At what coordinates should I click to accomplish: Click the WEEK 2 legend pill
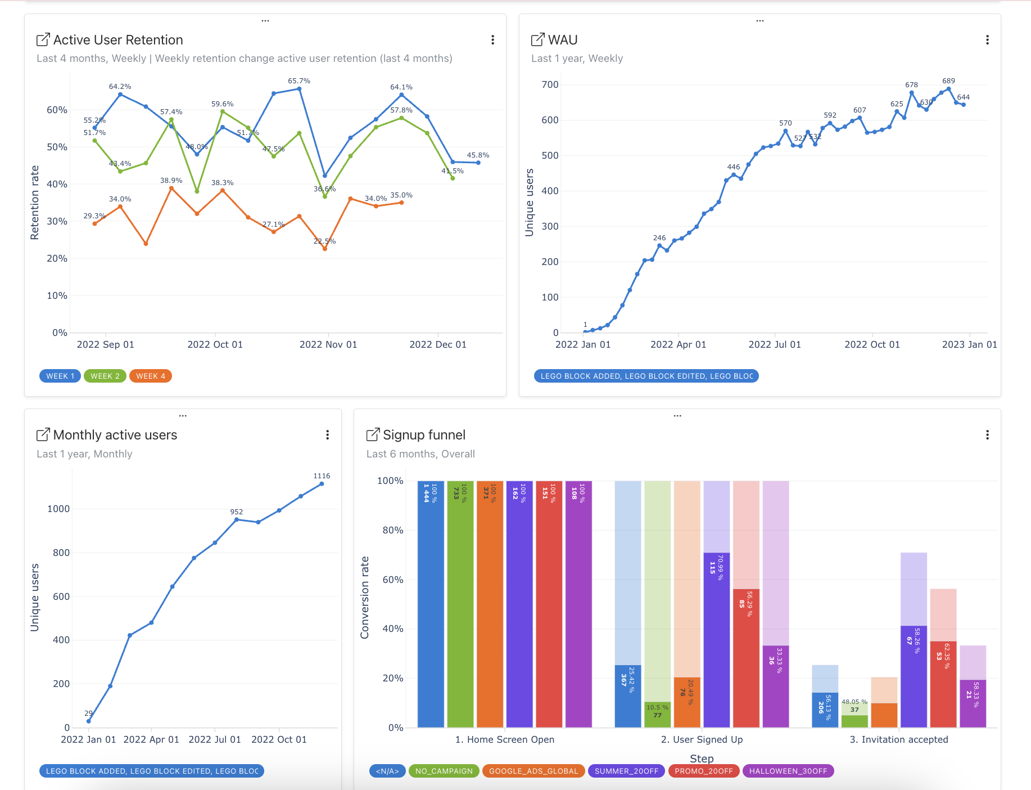[x=105, y=376]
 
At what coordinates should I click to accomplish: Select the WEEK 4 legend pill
[x=150, y=376]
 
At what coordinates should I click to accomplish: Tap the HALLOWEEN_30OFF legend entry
[x=788, y=771]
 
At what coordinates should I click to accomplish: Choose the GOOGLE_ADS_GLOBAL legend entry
[x=533, y=771]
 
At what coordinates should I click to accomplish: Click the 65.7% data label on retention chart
[x=299, y=81]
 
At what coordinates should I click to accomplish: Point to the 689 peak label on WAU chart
[x=948, y=81]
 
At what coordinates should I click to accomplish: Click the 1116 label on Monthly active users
[x=322, y=476]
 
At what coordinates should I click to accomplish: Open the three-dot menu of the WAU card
[x=987, y=40]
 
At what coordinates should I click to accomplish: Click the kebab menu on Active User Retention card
[x=492, y=40]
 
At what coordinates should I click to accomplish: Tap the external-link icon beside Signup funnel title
[x=373, y=435]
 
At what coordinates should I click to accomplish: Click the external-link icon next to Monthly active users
[x=43, y=435]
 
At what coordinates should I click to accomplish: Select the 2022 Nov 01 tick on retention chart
[x=328, y=344]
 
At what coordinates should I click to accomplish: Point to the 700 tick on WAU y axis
[x=550, y=85]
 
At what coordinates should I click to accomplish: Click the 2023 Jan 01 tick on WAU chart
[x=969, y=344]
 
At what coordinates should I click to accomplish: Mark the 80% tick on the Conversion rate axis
[x=393, y=530]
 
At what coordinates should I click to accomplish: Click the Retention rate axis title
[x=35, y=203]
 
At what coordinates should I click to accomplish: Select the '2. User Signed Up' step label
[x=702, y=739]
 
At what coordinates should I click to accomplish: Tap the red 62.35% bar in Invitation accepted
[x=943, y=684]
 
